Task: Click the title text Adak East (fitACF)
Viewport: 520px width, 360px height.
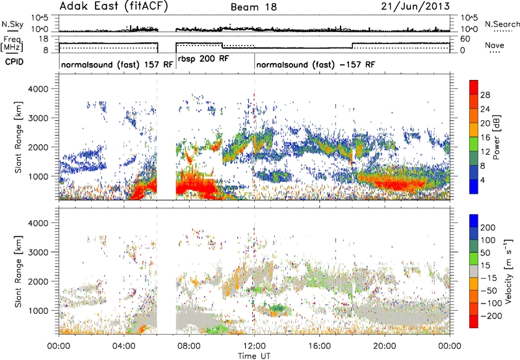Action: (x=114, y=6)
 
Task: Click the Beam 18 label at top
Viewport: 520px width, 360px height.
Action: (x=253, y=7)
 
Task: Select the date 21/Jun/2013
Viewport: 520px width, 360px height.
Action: (x=415, y=6)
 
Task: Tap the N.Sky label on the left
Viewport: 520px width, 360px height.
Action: (x=12, y=24)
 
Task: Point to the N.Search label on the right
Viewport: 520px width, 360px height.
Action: (x=502, y=24)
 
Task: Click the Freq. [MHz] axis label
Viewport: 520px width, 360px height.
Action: (x=12, y=44)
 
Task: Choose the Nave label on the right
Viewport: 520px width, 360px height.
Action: (x=495, y=45)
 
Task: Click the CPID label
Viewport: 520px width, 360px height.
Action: (x=14, y=62)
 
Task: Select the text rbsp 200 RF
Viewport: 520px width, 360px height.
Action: (x=203, y=59)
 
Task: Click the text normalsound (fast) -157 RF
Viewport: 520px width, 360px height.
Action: (x=316, y=64)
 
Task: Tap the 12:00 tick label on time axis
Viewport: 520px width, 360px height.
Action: (x=254, y=346)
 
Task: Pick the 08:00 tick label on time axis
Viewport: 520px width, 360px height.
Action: (x=189, y=346)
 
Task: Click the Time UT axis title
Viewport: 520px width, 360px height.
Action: (x=254, y=356)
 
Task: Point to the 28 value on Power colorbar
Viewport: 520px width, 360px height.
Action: (x=485, y=95)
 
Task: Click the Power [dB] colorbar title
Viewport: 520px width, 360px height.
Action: (x=497, y=137)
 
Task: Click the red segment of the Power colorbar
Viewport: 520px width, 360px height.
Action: (x=474, y=88)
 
